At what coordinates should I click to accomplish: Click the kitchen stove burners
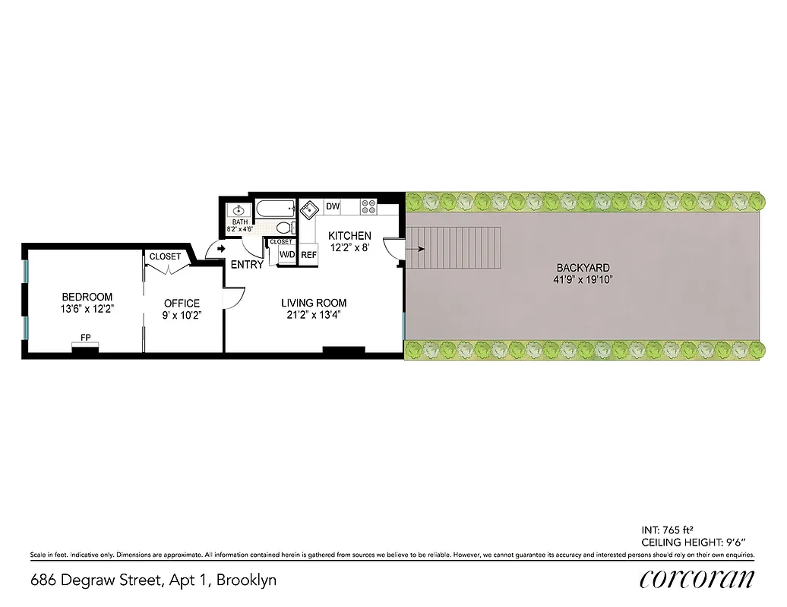coord(368,206)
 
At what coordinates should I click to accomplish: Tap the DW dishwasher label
coord(333,206)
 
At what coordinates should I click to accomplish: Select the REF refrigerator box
coord(308,256)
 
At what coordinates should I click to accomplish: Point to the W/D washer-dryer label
coord(287,255)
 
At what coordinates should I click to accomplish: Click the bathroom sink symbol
coord(238,210)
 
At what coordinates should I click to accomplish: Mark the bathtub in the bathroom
coord(275,208)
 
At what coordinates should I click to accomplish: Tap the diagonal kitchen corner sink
coord(309,209)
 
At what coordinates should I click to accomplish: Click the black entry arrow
coord(221,248)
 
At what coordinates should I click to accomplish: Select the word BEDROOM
coord(87,297)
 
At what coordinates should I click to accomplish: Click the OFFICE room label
coord(182,303)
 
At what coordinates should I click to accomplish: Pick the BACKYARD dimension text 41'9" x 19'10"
coord(583,280)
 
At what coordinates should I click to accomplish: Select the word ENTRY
coord(247,265)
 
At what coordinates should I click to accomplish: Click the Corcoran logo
coord(697,579)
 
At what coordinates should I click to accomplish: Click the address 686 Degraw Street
coord(96,580)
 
